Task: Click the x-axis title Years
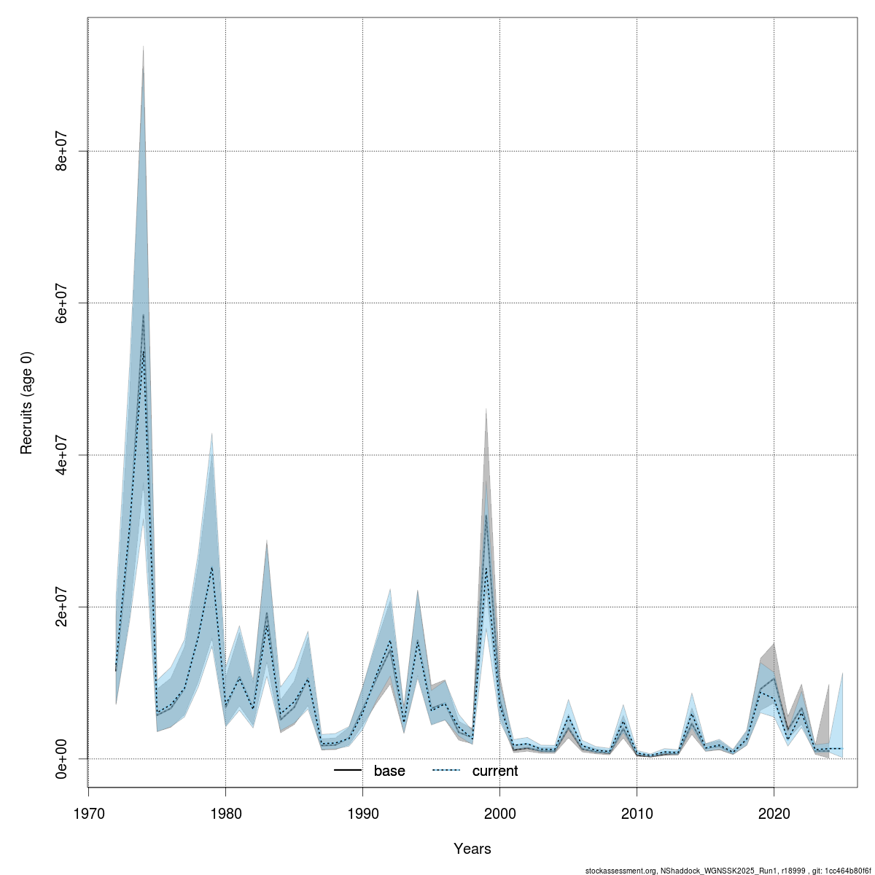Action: [472, 849]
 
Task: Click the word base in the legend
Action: [389, 771]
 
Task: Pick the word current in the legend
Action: [495, 771]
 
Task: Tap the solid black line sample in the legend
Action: [349, 771]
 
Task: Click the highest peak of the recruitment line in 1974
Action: [144, 315]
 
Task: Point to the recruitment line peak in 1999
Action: [486, 516]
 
